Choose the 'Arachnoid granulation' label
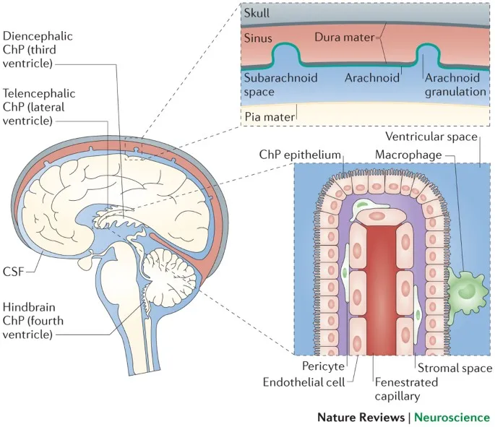click(x=455, y=84)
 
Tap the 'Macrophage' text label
click(x=406, y=154)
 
